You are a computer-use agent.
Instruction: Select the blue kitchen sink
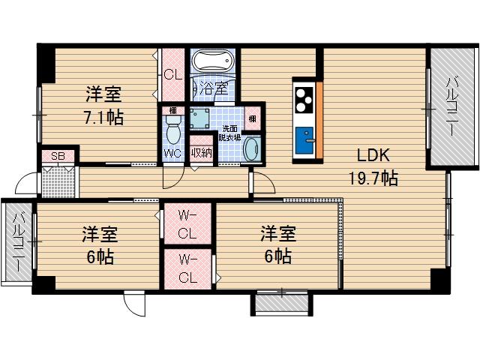pos(304,140)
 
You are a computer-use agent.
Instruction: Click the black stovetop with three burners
pos(304,100)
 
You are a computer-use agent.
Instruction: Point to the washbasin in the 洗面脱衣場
pos(253,148)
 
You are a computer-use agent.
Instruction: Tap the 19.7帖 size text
pos(373,178)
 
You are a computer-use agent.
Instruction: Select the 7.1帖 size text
pos(103,118)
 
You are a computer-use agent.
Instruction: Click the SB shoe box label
pos(58,157)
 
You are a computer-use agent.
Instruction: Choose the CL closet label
pos(172,74)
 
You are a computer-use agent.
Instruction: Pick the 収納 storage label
pos(200,152)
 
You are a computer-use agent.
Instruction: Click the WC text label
pos(172,153)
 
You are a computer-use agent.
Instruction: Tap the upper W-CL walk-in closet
pos(187,224)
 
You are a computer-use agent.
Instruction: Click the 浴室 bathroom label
pos(214,88)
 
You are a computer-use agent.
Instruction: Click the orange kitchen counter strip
pos(319,120)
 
